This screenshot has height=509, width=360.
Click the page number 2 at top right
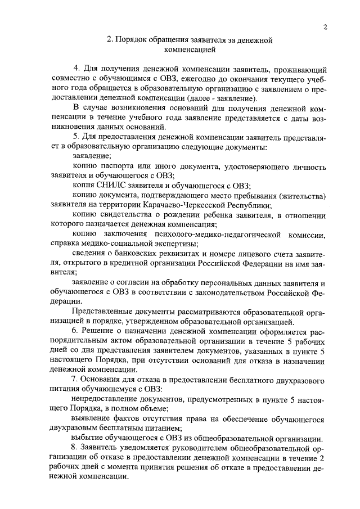click(326, 28)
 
